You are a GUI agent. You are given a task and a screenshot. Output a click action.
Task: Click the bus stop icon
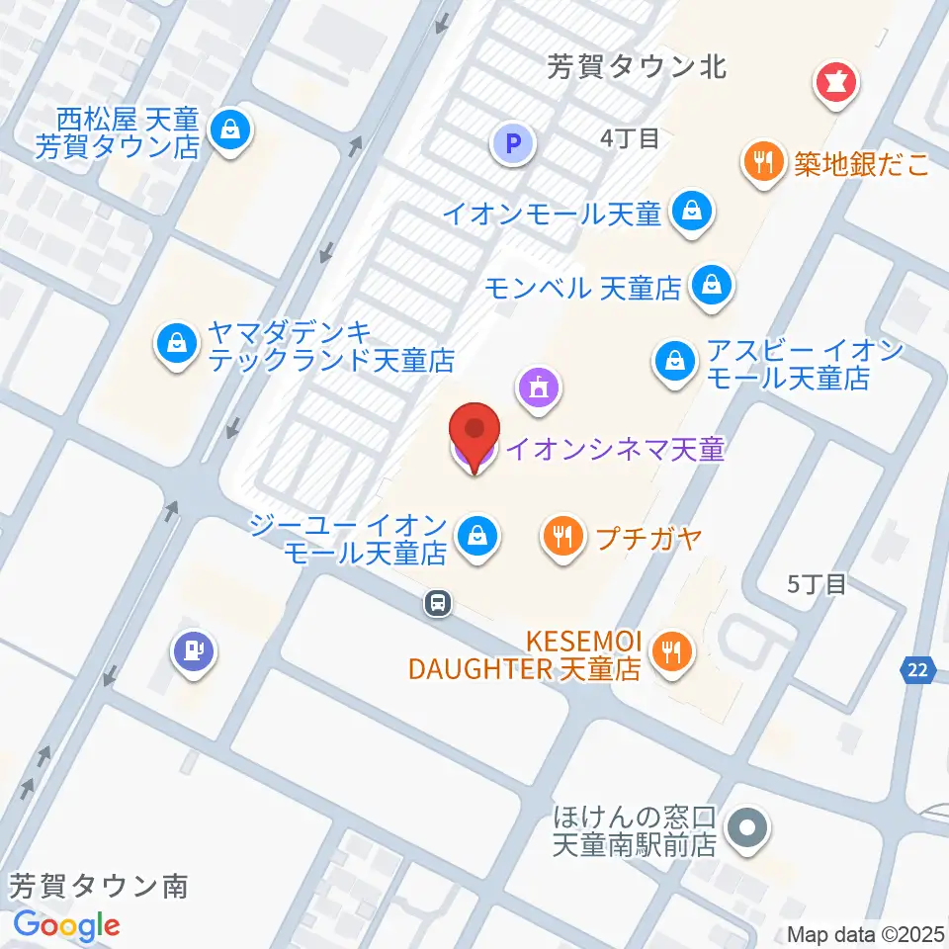click(437, 602)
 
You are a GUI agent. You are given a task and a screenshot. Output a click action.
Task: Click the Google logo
click(66, 925)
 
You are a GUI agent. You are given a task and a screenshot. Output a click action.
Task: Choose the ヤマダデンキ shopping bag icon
click(176, 344)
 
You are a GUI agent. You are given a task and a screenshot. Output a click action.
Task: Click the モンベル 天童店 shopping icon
click(711, 287)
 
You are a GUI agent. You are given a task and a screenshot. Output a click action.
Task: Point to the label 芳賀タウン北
click(637, 67)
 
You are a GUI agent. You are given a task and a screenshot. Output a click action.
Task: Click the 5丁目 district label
click(817, 583)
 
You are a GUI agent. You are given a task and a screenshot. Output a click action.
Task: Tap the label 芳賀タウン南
click(99, 886)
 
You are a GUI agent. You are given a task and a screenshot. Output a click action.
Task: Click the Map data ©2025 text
click(866, 934)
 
